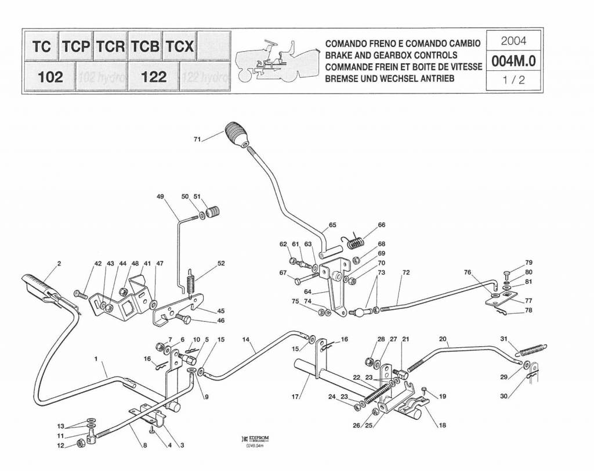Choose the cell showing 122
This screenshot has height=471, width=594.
coord(154,77)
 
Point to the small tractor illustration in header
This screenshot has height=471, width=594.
coord(273,60)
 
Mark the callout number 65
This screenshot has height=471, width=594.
coord(332,225)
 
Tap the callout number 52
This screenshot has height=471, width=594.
coord(221,263)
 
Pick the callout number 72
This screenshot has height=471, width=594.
coord(405,272)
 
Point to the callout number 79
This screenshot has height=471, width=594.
coord(528,263)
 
